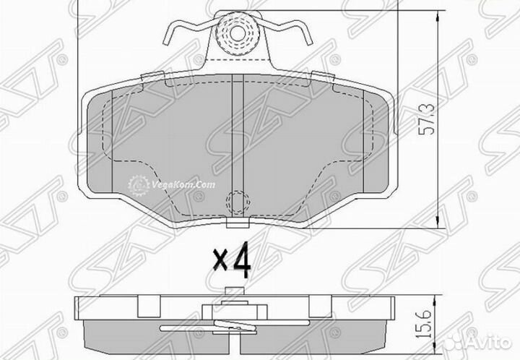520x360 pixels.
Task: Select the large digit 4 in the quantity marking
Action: (x=243, y=261)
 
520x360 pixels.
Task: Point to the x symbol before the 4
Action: (x=220, y=261)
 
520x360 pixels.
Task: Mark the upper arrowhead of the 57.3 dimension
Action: (x=436, y=13)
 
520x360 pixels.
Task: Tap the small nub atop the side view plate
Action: (x=233, y=292)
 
